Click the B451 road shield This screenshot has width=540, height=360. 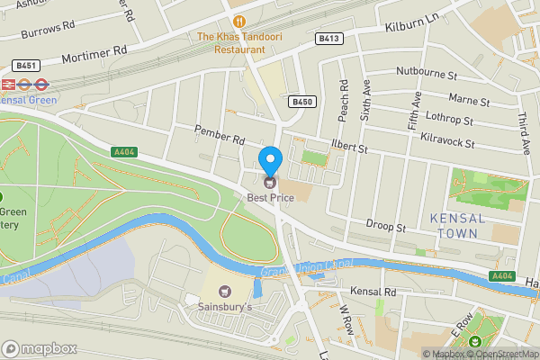click(x=26, y=66)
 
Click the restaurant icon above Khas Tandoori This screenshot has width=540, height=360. click(x=238, y=20)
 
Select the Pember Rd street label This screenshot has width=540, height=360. click(x=220, y=135)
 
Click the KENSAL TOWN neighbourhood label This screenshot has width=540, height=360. click(x=457, y=226)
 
